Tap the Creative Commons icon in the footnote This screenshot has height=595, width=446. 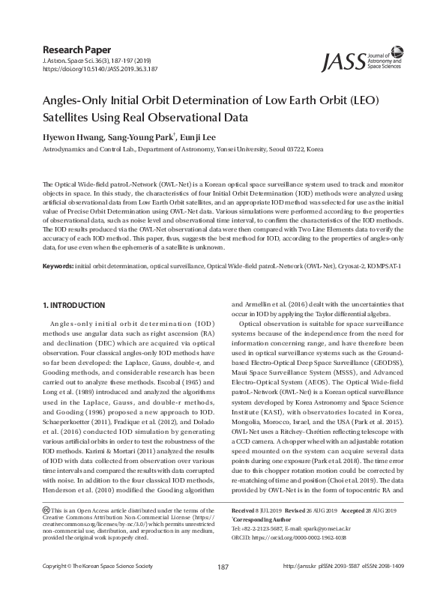[47, 511]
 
